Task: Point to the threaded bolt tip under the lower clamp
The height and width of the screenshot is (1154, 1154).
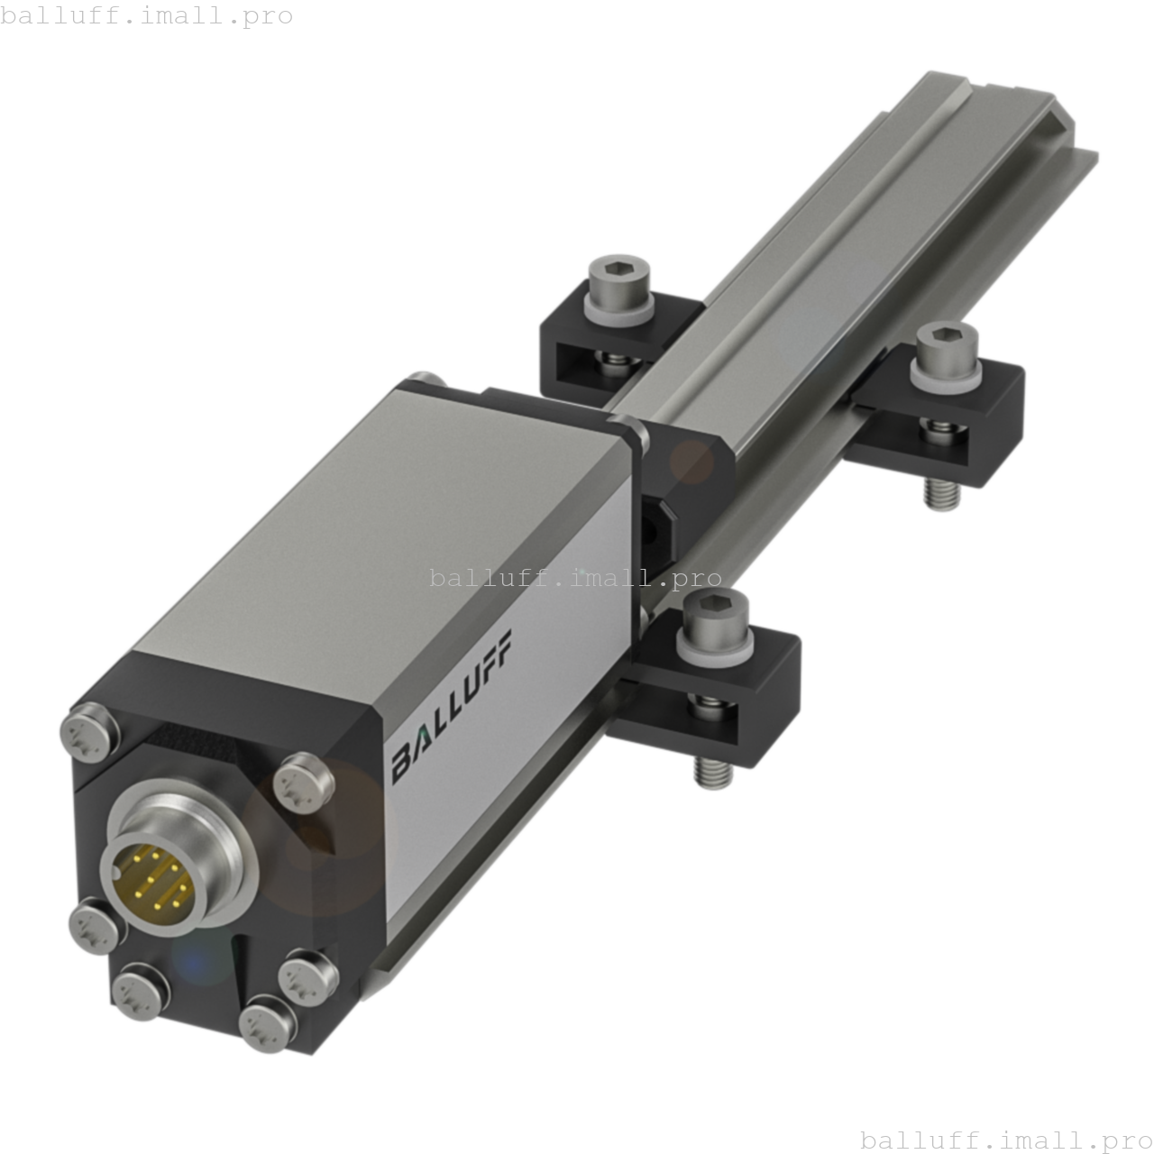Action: click(x=711, y=773)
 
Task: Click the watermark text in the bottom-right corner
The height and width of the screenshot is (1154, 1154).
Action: click(x=1006, y=1140)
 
